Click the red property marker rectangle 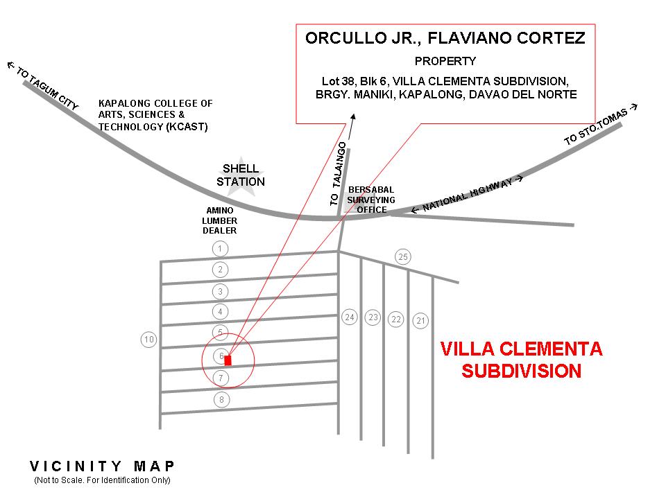[228, 360]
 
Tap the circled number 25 [403, 257]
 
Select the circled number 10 [148, 340]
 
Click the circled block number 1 [220, 249]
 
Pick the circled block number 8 [221, 400]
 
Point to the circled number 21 [421, 321]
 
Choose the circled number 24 [350, 317]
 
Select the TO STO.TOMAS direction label [601, 126]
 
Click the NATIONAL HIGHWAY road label [466, 193]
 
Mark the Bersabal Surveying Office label [371, 200]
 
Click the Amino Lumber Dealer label [220, 220]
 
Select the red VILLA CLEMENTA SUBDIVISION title [522, 360]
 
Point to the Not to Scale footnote [102, 480]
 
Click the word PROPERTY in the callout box [445, 61]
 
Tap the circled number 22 [396, 319]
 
